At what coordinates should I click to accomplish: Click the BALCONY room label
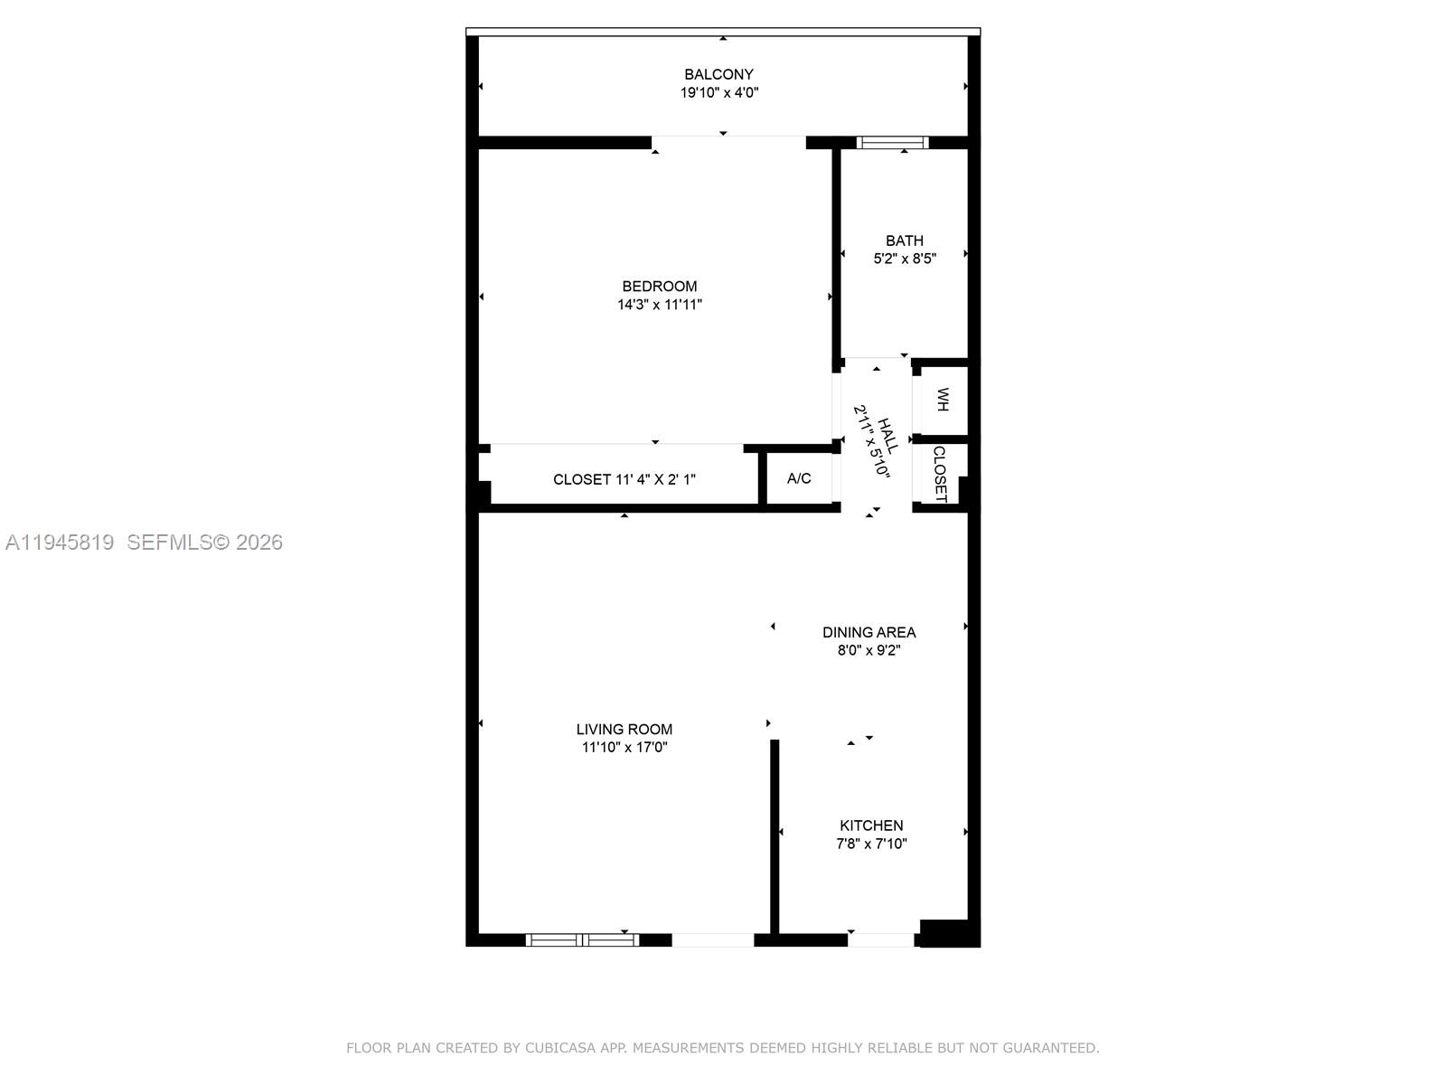click(x=718, y=74)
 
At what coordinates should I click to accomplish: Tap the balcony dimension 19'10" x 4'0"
click(x=718, y=93)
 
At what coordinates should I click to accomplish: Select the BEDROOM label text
click(x=659, y=286)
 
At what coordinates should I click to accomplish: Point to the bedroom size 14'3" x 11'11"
click(x=659, y=305)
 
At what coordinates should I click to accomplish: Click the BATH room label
click(x=904, y=241)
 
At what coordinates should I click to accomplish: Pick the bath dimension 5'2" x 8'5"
click(x=904, y=259)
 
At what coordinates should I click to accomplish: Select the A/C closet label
click(x=799, y=478)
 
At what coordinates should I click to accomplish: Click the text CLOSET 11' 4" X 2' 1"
click(x=624, y=479)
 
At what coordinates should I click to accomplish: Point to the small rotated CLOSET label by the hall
click(x=940, y=474)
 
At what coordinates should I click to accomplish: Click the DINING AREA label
click(x=869, y=632)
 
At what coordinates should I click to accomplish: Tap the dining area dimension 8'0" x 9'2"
click(x=869, y=650)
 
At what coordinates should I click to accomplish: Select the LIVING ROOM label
click(x=624, y=729)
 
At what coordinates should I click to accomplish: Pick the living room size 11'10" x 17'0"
click(x=624, y=748)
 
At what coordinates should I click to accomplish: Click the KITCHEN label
click(x=871, y=825)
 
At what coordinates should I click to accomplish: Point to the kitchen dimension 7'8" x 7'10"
click(x=871, y=844)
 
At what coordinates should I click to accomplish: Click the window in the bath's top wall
click(x=892, y=142)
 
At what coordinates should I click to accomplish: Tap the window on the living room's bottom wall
click(x=582, y=940)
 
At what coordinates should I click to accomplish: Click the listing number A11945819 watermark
click(x=60, y=542)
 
